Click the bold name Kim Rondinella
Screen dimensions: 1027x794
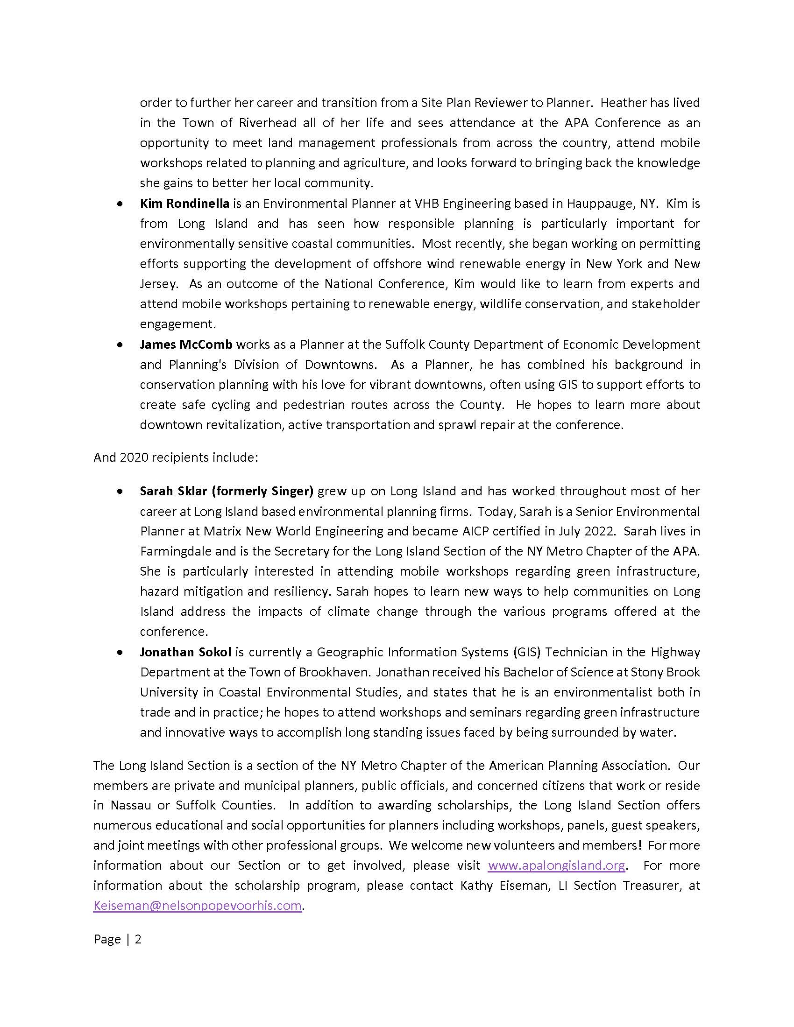point(184,204)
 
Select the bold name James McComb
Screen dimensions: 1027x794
point(186,345)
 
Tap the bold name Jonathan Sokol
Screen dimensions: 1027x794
point(185,652)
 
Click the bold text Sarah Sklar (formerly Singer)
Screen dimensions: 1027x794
point(226,492)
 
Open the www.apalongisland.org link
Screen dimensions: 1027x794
point(556,865)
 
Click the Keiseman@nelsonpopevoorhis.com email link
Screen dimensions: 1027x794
point(197,906)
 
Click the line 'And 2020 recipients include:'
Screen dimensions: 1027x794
point(176,457)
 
